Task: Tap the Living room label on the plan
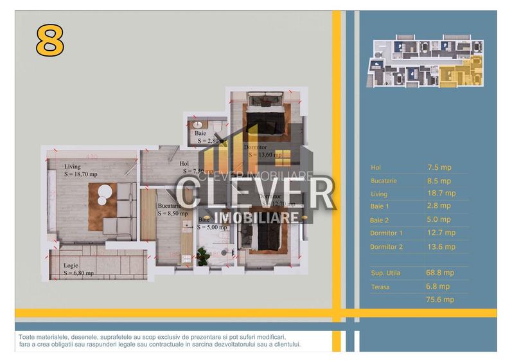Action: [80, 170]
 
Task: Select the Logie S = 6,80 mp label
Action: [78, 269]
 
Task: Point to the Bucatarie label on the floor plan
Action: [172, 210]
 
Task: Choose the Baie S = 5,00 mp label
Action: [213, 223]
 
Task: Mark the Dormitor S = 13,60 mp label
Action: [262, 150]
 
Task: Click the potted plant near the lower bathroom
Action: [204, 255]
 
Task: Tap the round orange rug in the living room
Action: [103, 195]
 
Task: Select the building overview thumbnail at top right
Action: [425, 62]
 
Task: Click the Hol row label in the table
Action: [376, 168]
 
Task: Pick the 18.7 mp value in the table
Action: [441, 193]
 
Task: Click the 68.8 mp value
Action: [440, 273]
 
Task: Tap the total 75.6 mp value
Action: [440, 300]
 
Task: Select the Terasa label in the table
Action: [380, 287]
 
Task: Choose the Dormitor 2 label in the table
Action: [386, 247]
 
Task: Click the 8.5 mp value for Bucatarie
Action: [439, 181]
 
